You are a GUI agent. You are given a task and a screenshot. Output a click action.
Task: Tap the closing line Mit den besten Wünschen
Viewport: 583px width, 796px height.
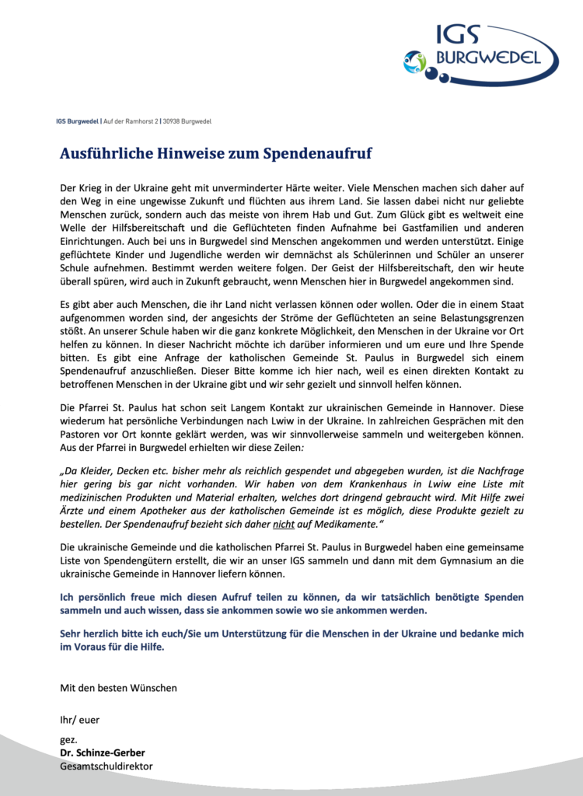[x=118, y=688]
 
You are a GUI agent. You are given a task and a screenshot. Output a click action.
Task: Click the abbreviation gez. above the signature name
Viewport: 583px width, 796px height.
[x=68, y=739]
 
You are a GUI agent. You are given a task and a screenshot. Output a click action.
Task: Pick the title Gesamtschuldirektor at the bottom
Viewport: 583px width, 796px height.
[x=106, y=766]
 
